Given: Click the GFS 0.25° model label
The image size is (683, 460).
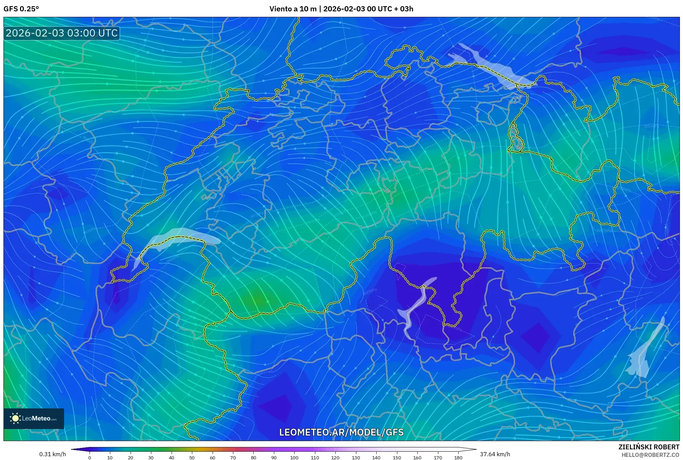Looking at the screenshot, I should click(21, 9).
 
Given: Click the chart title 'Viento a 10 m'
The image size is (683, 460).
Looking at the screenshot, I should click(293, 9).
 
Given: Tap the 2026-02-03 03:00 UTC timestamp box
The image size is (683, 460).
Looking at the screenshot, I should click(62, 33).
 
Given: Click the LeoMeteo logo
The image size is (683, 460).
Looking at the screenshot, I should click(34, 418).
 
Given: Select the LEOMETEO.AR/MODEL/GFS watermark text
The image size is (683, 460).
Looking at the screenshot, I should click(341, 432).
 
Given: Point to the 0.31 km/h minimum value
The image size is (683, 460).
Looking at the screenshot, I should click(52, 454).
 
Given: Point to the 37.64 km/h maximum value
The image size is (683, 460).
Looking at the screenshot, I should click(495, 454).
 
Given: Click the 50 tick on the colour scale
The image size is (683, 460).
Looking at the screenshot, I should click(192, 457).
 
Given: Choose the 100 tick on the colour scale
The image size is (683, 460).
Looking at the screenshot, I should click(294, 457).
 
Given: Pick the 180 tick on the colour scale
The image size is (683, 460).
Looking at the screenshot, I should click(458, 457).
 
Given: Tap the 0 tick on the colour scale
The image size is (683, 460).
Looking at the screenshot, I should click(90, 457).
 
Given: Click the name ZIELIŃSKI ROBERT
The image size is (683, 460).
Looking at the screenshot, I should click(649, 447).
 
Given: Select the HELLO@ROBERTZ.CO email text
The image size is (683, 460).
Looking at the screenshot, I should click(650, 455).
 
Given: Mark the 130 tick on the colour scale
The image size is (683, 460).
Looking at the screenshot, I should click(356, 457).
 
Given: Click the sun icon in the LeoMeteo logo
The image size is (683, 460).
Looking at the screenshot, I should click(15, 418).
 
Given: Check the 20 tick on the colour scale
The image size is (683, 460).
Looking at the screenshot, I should click(130, 457).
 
